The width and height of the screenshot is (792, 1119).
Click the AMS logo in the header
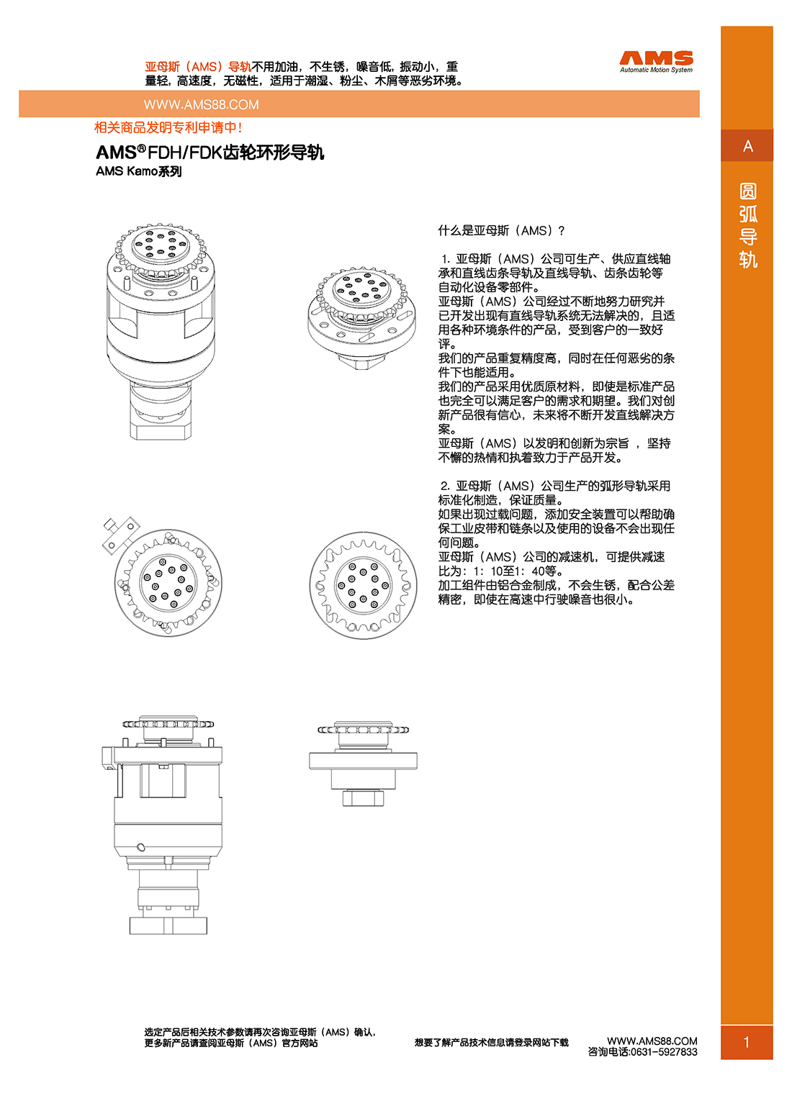click(656, 58)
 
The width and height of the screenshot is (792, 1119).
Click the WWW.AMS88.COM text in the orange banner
click(201, 104)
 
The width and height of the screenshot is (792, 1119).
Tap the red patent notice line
click(168, 127)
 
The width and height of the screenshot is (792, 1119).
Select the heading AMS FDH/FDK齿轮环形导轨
click(210, 153)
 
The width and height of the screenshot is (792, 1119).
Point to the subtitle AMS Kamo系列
click(138, 171)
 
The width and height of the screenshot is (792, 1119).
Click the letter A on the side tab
click(747, 146)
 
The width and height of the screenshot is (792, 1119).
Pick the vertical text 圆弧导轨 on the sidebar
click(747, 225)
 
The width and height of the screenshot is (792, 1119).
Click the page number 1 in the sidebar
click(747, 1042)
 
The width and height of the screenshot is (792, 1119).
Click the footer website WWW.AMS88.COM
click(652, 1041)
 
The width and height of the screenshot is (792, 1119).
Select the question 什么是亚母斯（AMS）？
click(501, 230)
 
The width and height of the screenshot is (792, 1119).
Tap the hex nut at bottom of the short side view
click(363, 797)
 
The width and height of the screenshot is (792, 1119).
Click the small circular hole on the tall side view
click(141, 847)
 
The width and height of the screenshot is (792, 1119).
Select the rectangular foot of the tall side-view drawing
click(168, 925)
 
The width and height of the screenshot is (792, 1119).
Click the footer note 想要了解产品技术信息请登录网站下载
click(491, 1042)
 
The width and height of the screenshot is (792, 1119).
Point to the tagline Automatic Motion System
click(656, 70)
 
